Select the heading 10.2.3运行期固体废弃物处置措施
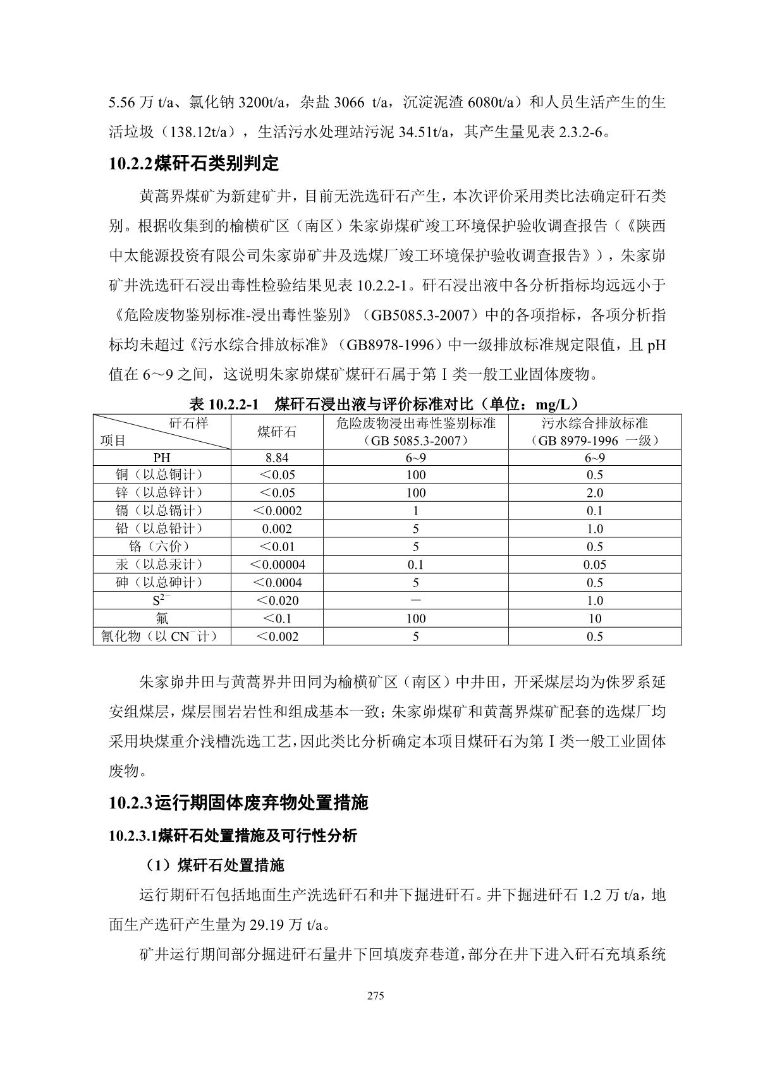[238, 803]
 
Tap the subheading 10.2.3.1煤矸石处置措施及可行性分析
[233, 836]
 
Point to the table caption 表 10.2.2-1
[224, 405]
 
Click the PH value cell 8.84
[277, 457]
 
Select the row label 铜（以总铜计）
[162, 475]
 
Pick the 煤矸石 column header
[277, 432]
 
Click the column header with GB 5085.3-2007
[415, 432]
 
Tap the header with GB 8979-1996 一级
[594, 432]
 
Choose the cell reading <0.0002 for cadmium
[277, 511]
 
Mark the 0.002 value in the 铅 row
[277, 528]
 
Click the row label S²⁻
[162, 600]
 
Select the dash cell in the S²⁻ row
[415, 600]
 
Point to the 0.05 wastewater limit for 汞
[594, 564]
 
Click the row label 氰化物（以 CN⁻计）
[162, 636]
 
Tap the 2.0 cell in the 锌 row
[594, 492]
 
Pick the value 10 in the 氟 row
[594, 618]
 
